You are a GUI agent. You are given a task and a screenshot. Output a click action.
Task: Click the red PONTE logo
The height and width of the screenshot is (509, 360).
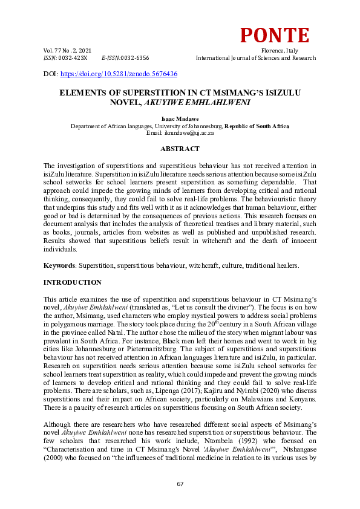(x=275, y=36)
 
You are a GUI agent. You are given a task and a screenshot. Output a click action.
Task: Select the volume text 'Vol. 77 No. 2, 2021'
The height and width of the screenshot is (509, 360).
(x=68, y=50)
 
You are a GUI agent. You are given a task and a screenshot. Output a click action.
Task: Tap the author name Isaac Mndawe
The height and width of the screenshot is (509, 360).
(x=180, y=120)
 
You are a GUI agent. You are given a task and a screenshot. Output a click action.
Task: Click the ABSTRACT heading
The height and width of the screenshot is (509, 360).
(x=180, y=149)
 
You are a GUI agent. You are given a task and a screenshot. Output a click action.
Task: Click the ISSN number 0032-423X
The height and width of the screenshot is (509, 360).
(x=73, y=58)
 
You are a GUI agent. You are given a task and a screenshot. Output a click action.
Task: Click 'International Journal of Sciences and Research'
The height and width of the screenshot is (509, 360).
(x=255, y=58)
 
